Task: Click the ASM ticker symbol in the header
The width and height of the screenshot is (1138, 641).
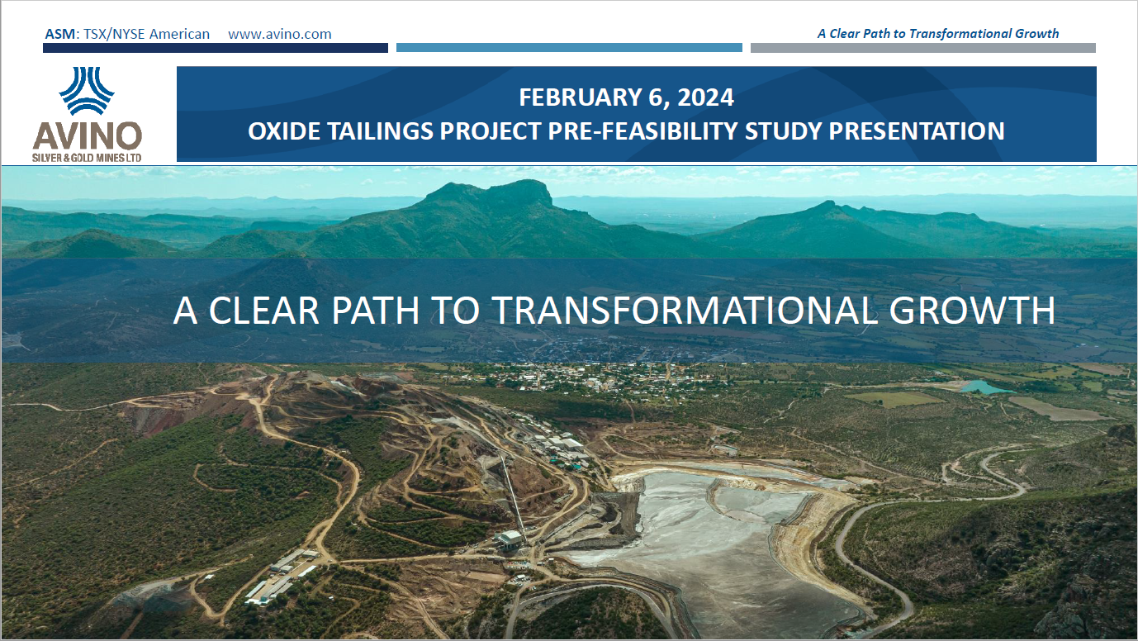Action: click(60, 34)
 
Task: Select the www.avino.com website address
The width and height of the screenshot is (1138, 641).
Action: click(279, 34)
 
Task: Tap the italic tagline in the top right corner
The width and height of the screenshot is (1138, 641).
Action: click(937, 34)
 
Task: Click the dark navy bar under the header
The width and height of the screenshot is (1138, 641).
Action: click(215, 48)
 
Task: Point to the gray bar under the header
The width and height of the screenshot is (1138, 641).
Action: click(922, 48)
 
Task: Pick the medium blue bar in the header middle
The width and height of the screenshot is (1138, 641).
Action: click(569, 48)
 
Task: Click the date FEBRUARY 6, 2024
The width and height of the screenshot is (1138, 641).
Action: click(626, 97)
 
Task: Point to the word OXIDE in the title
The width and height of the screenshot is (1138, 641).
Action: click(282, 131)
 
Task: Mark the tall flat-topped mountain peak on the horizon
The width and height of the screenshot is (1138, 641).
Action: click(494, 195)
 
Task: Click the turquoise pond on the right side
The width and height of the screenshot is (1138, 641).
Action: click(984, 387)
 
